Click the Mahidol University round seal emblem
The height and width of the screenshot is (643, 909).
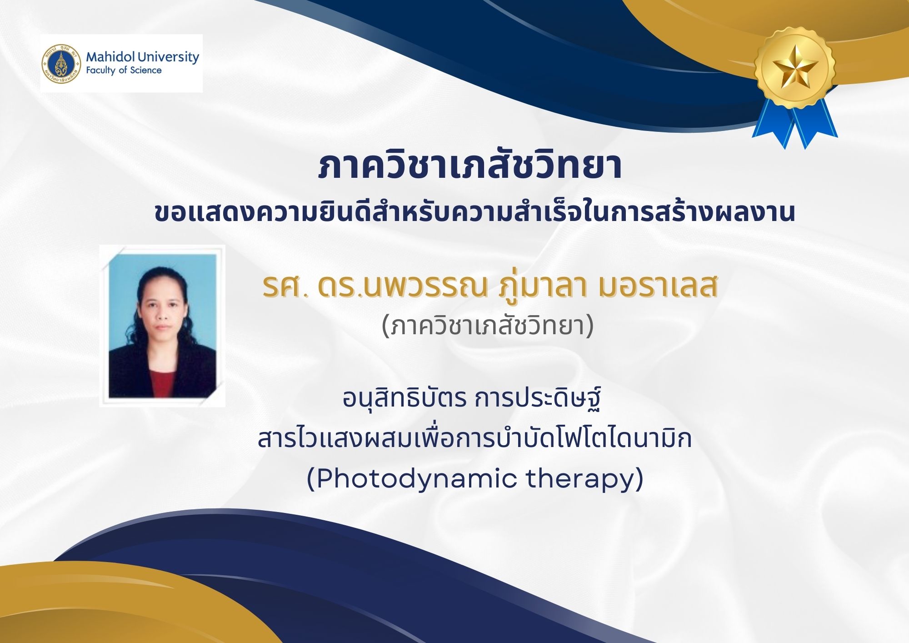click(x=61, y=64)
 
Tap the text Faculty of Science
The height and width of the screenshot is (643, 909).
click(x=124, y=70)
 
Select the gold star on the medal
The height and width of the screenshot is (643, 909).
click(x=795, y=68)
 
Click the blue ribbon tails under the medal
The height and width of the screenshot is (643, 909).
click(x=794, y=123)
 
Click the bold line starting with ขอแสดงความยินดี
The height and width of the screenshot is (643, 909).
click(x=474, y=212)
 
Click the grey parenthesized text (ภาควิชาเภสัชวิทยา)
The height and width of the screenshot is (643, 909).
click(x=488, y=326)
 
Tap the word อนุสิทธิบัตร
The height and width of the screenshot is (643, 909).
click(x=405, y=398)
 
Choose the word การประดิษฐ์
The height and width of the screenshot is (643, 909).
click(x=539, y=398)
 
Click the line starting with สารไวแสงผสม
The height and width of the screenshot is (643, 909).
click(x=474, y=438)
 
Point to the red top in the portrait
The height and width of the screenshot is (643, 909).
click(x=162, y=384)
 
